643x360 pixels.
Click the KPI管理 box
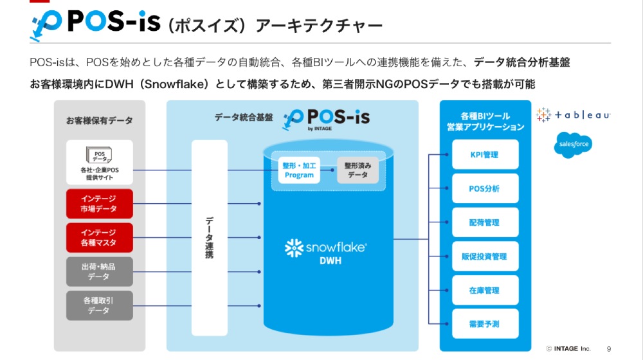tap(484, 155)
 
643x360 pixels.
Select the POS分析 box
tap(484, 189)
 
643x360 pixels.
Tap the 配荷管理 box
tap(484, 223)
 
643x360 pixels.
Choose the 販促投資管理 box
tap(484, 256)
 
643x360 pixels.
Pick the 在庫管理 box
tap(484, 291)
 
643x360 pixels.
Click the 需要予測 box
tap(484, 324)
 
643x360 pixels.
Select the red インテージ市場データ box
tap(99, 204)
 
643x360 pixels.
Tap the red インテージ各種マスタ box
tap(99, 238)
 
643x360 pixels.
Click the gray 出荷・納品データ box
tap(99, 271)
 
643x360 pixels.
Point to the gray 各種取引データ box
tap(99, 305)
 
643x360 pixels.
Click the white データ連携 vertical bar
tap(210, 237)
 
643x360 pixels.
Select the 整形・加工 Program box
tap(299, 170)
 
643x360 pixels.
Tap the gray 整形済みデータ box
tap(358, 170)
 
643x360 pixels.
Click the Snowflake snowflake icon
tap(294, 247)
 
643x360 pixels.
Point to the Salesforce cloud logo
tap(572, 145)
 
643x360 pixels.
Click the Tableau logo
tap(572, 115)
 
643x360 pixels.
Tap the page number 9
tap(608, 348)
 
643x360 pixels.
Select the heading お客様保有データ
tap(99, 120)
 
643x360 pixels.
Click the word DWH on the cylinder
tap(331, 261)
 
